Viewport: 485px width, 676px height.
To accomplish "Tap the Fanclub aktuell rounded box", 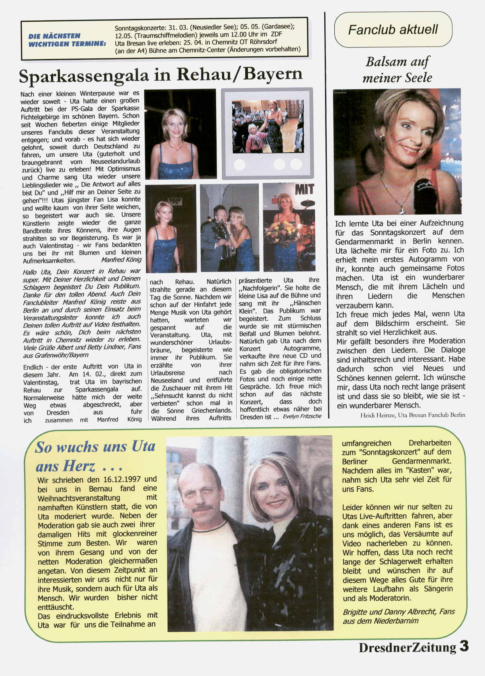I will [393, 30].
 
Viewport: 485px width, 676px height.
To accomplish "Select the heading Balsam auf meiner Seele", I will [397, 69].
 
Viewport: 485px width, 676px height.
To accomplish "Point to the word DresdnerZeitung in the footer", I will [407, 647].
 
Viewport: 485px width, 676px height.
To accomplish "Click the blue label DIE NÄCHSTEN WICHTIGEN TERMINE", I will [67, 40].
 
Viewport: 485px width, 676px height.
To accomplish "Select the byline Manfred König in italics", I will [121, 260].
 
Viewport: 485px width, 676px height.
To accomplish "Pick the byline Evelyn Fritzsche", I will [302, 416].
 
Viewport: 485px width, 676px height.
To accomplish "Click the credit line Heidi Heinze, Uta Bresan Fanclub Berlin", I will [413, 415].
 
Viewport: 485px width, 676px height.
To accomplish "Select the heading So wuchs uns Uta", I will [95, 447].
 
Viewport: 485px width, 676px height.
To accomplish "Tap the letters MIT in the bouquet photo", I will [304, 190].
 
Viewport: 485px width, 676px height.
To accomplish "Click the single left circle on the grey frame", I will [239, 164].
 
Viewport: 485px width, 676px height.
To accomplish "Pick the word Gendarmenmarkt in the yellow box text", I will [421, 461].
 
